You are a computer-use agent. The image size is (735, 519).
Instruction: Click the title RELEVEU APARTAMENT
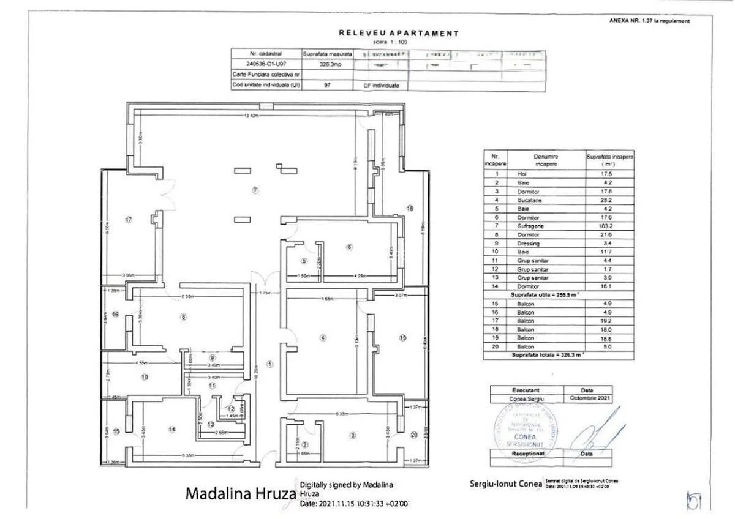click(398, 33)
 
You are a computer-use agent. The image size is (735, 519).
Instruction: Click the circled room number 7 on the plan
click(254, 190)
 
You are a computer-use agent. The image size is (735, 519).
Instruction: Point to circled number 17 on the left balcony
click(129, 220)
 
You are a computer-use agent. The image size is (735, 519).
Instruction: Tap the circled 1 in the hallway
click(269, 364)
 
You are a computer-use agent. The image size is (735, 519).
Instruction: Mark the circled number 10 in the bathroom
click(145, 378)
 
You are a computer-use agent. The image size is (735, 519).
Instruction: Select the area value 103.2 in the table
click(610, 226)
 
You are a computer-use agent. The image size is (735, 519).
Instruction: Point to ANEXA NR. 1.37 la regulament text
click(649, 21)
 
